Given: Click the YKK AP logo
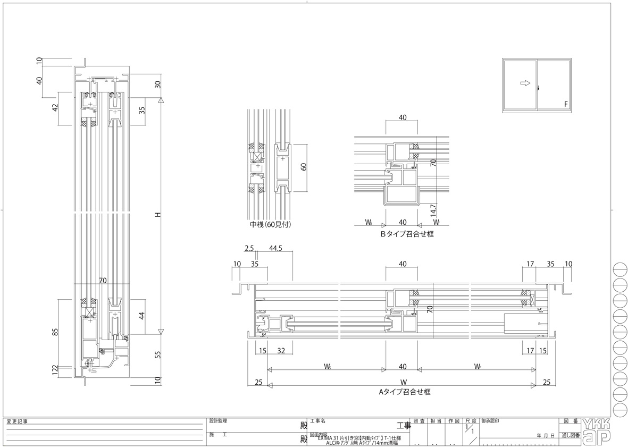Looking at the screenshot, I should pyautogui.click(x=597, y=431).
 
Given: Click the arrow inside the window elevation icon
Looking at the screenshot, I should pyautogui.click(x=524, y=83).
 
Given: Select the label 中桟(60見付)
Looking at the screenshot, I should pyautogui.click(x=270, y=225).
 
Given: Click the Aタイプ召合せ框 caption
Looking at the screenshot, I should pyautogui.click(x=404, y=392).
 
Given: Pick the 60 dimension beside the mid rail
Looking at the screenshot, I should pyautogui.click(x=304, y=166).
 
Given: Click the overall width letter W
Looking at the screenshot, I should pyautogui.click(x=403, y=382).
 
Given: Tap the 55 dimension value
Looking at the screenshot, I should pyautogui.click(x=157, y=356).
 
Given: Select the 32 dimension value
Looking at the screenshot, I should pyautogui.click(x=281, y=351).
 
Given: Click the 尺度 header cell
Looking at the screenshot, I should pyautogui.click(x=470, y=421).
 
